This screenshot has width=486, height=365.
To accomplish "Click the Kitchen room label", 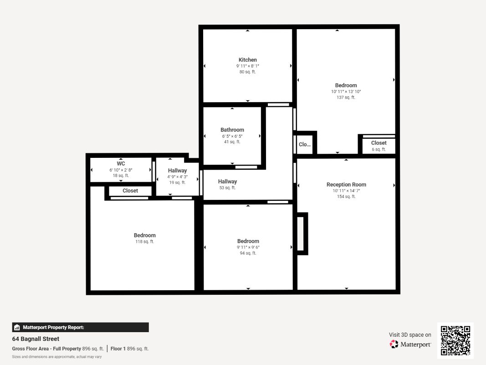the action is point(248,60).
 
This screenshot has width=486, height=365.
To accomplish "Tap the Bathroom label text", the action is point(232,130).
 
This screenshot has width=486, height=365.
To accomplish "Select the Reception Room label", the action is point(346,184).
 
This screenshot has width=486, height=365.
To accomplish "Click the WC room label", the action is point(121,164).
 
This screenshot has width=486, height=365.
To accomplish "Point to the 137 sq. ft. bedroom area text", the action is point(346,97).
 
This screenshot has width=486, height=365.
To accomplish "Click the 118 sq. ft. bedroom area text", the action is point(145,241).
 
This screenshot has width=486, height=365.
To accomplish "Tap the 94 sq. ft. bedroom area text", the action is point(248,253).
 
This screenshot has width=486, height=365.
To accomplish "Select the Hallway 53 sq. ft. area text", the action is point(227,188).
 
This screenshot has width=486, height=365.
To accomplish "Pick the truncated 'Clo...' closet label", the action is point(305,144).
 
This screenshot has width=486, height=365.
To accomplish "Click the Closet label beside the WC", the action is point(130,191).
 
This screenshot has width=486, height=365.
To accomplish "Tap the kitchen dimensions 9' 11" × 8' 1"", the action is point(248,66).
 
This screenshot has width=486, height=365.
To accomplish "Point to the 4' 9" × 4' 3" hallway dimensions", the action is point(177,177).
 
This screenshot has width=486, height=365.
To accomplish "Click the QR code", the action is point(455,340).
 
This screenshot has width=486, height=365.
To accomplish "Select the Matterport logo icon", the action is point(394,344).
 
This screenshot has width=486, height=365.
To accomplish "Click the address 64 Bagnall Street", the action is point(36,339).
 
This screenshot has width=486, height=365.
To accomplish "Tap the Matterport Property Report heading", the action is point(53,327).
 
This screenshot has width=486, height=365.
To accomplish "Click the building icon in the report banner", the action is point(17,327).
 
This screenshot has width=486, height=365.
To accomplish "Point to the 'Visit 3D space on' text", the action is point(410,334).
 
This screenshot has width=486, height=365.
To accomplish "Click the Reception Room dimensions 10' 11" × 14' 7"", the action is point(346,191).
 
